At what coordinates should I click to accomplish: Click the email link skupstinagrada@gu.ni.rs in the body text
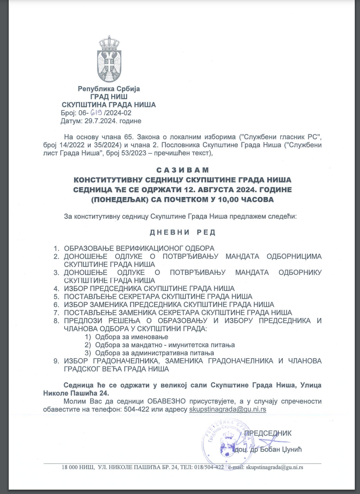click(x=227, y=410)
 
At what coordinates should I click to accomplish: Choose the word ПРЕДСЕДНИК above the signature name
click(x=267, y=433)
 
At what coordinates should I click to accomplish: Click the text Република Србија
click(x=109, y=89)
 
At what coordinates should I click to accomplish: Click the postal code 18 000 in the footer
click(x=72, y=467)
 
